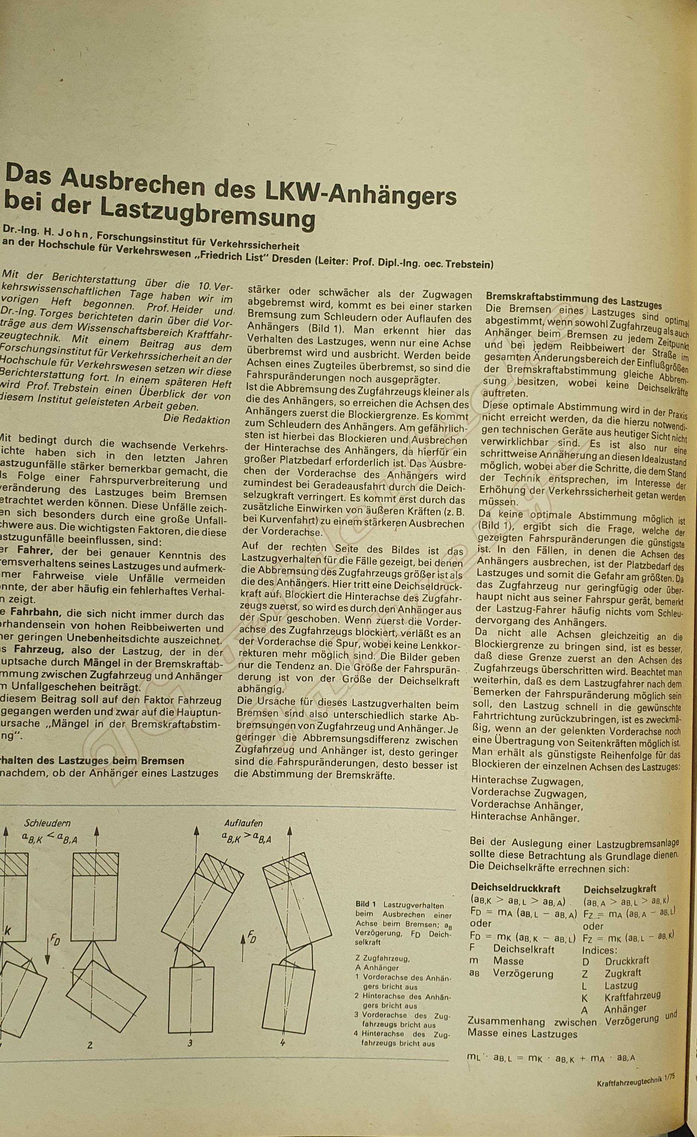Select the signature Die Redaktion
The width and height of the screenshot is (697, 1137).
pos(197,419)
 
